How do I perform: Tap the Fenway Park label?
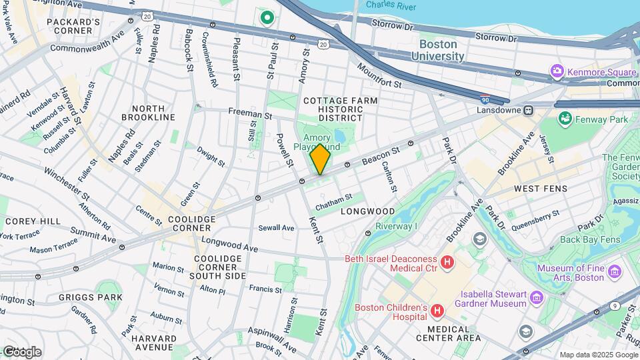point(603,119)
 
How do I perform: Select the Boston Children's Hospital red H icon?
point(437,311)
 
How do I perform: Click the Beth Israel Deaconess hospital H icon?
point(447,263)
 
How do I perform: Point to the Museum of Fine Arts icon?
point(614,271)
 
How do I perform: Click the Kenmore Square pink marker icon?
point(557,71)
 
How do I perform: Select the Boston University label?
point(441,50)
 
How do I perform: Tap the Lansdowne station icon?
point(529,110)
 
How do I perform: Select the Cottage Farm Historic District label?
point(340,109)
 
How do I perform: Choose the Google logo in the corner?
point(21,351)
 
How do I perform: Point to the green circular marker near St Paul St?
point(267,17)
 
